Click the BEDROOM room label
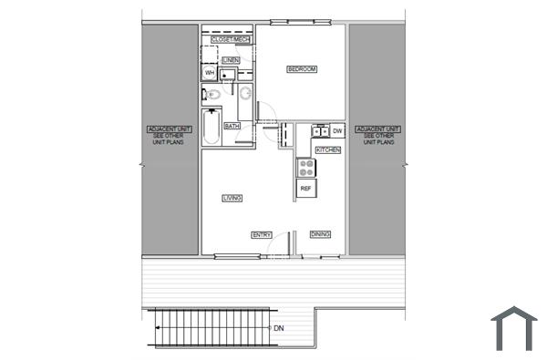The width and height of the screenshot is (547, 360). (301, 69)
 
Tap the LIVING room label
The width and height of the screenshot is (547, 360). (232, 198)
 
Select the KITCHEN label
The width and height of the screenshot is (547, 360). (327, 149)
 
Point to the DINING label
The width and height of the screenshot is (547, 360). (320, 234)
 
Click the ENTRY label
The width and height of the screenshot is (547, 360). (262, 234)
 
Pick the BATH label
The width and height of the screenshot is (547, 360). (232, 126)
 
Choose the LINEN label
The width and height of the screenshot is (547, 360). (231, 60)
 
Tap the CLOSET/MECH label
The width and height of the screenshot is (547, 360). (230, 40)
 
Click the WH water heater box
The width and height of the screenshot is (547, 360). (209, 73)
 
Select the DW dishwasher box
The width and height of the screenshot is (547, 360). (337, 131)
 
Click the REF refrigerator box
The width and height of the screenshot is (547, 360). (306, 188)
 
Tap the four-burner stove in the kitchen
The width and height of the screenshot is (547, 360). (306, 167)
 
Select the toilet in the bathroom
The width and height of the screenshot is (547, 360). (211, 94)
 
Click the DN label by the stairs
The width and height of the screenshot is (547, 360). (278, 328)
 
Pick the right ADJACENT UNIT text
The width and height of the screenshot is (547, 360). (377, 137)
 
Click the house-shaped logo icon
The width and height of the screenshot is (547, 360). (513, 328)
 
